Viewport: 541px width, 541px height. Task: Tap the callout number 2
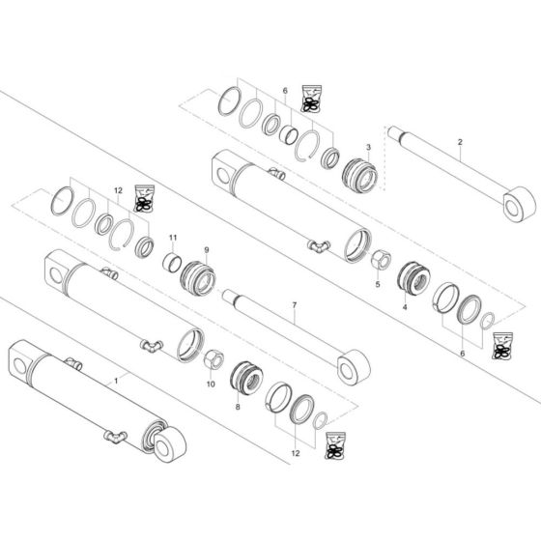pos(460,142)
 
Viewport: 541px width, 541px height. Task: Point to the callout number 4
pos(404,306)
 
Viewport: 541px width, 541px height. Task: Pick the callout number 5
pos(378,284)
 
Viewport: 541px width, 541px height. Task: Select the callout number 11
pos(174,237)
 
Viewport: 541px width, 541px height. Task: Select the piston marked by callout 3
pos(359,177)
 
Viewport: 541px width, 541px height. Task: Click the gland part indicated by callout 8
pos(245,381)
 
